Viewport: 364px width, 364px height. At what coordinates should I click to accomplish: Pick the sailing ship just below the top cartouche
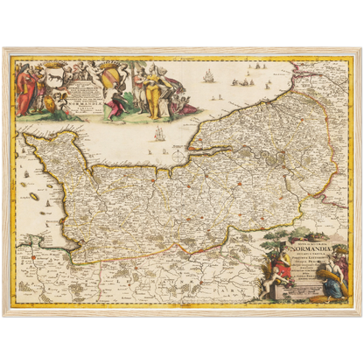[x=158, y=133]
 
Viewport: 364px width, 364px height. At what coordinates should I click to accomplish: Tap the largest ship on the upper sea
[x=209, y=76]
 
